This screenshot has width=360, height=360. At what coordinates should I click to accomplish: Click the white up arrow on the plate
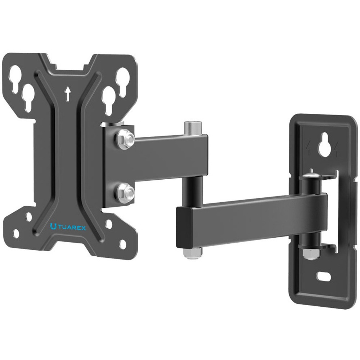67,94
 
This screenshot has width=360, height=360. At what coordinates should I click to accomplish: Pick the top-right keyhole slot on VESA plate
123,80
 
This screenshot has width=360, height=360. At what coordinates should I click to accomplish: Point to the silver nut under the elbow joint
192,253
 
